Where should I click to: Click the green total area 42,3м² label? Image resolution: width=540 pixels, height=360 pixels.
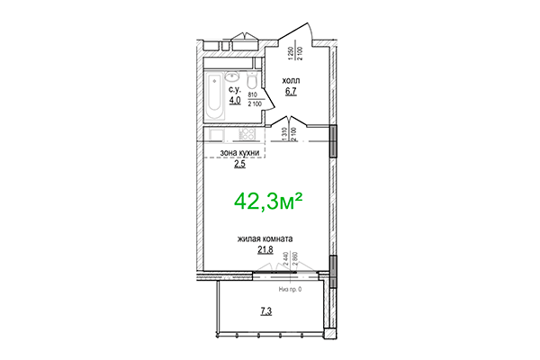point(268,199)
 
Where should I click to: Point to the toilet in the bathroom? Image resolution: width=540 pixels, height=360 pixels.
point(249,75)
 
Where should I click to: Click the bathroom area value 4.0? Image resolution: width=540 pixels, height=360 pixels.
point(234,101)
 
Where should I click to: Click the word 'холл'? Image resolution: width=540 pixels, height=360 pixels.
point(291,81)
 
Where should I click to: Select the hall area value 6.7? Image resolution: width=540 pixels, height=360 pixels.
point(291,91)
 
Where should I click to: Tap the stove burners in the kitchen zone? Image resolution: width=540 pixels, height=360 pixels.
point(244,135)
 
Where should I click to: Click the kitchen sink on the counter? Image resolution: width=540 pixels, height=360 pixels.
point(219,135)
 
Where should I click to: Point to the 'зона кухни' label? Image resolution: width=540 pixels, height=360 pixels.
point(239,154)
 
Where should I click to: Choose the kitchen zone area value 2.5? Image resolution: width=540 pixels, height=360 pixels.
point(239,165)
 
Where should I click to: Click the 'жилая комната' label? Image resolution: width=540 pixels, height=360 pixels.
point(265,238)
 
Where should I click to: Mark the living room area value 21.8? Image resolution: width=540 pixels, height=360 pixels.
point(265,249)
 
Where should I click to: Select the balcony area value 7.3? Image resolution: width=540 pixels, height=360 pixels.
point(267,311)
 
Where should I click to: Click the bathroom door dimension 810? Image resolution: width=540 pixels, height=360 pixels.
point(254,93)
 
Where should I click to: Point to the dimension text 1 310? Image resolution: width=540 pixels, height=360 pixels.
point(283,136)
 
